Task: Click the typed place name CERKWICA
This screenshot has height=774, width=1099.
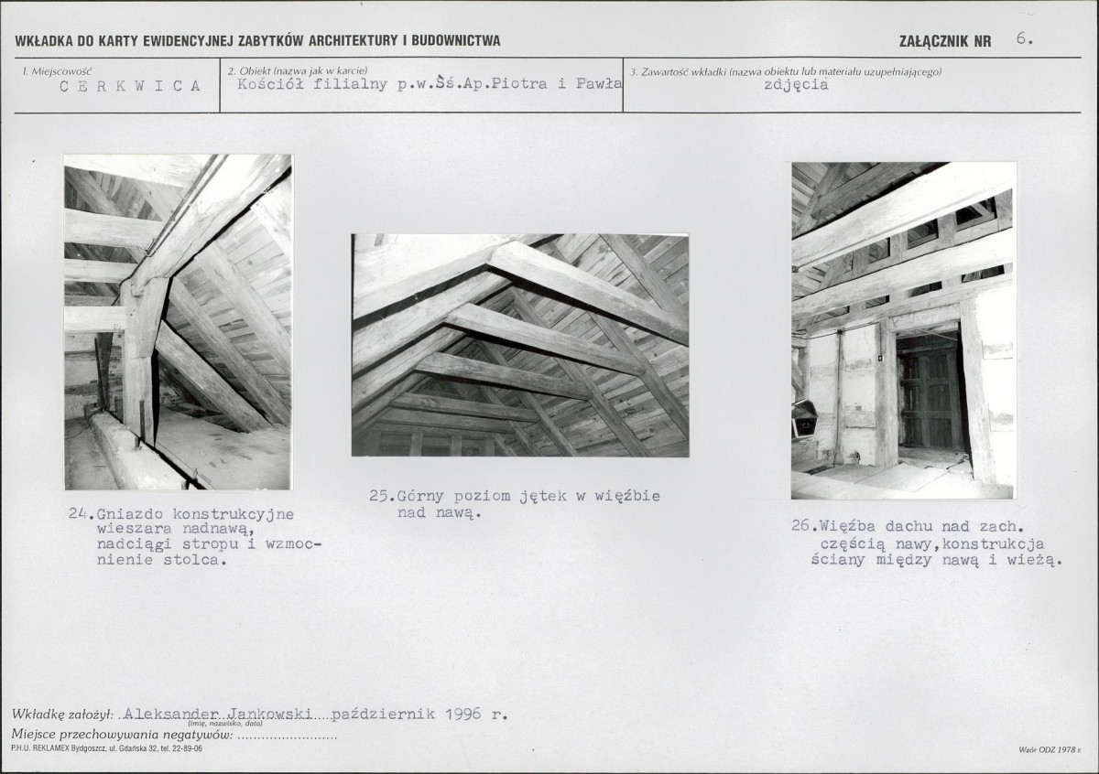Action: (130, 86)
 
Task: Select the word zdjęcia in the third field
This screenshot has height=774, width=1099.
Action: (796, 85)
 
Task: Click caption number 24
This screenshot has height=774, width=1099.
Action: (79, 513)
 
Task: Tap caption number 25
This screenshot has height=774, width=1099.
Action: (380, 496)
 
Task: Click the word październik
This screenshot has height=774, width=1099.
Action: (383, 715)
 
